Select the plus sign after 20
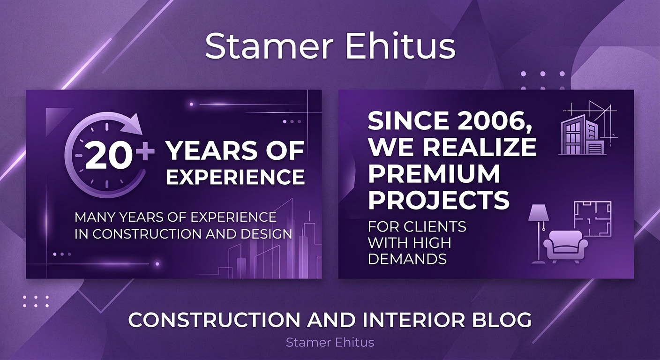[x=146, y=152]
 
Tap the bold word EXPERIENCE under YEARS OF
[x=235, y=177]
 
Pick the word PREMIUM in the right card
[x=434, y=174]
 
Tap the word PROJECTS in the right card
[x=438, y=200]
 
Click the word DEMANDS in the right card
[x=407, y=258]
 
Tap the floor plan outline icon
[x=593, y=218]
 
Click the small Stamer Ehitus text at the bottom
[x=330, y=343]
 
